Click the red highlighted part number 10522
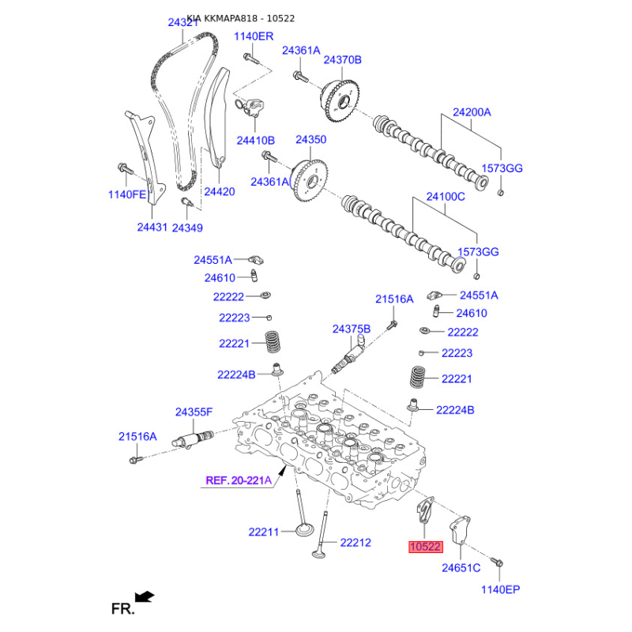coord(426,547)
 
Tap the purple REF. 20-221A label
coord(239,480)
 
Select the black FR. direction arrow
coord(145,596)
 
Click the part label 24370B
coord(343,60)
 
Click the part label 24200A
coord(472,112)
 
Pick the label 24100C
coord(446,197)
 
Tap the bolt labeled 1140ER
coord(251,58)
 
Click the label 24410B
coord(255,141)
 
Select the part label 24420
coord(220,191)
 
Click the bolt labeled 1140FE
coord(125,168)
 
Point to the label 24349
coord(187,228)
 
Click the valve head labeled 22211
coord(303,529)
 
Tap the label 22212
coord(355,543)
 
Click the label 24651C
coord(461,568)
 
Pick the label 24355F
coord(194,412)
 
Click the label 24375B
coord(352,329)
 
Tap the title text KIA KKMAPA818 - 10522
coord(241,18)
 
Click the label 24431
coord(152,227)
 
